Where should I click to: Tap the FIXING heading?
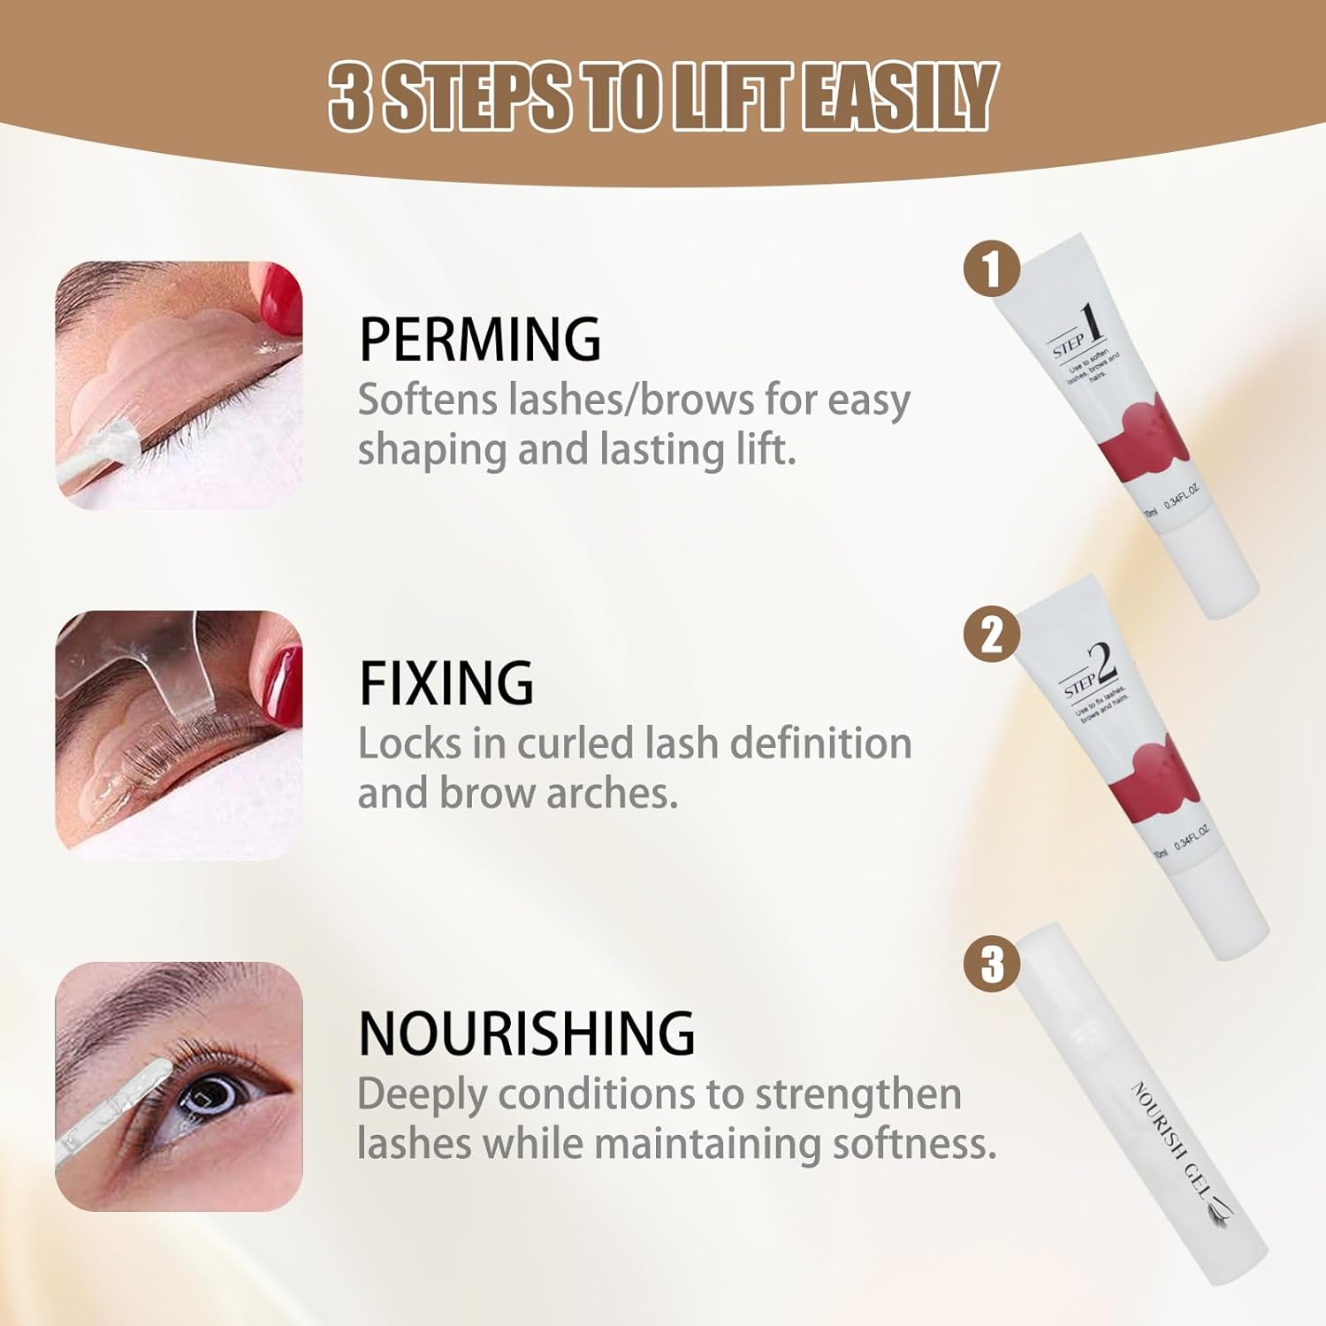446,682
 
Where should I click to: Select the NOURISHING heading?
527,1033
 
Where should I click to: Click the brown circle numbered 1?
992,270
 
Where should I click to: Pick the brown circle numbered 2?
992,634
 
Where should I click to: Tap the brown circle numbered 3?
992,963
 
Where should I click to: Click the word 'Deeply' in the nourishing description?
422,1095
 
